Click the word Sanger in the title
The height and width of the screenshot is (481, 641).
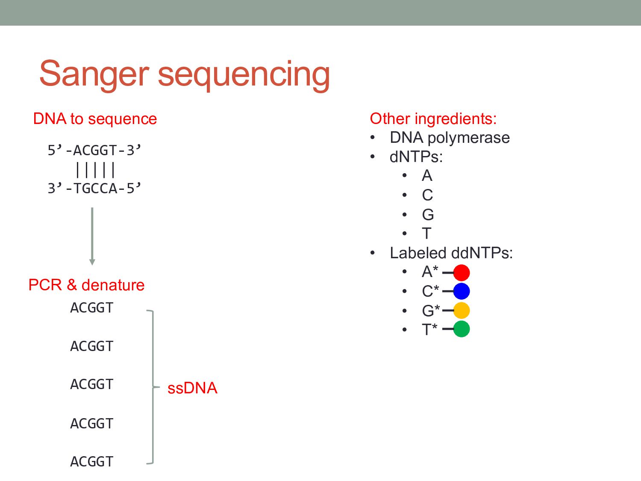(x=94, y=74)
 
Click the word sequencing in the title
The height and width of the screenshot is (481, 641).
(x=244, y=74)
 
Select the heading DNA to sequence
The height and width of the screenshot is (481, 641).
(x=95, y=118)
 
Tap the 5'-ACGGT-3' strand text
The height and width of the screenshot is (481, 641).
(x=94, y=150)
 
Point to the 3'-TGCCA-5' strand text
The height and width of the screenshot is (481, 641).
(x=94, y=188)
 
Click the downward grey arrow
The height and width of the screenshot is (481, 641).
(x=92, y=236)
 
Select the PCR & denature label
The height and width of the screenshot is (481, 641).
(x=86, y=285)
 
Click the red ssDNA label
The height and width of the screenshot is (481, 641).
(x=192, y=388)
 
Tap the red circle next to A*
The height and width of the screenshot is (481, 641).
(x=461, y=272)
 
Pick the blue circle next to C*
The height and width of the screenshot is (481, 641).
(x=461, y=291)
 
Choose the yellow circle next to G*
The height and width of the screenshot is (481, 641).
(x=461, y=310)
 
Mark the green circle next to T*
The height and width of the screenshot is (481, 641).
(x=461, y=329)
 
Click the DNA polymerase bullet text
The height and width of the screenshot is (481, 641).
(x=450, y=138)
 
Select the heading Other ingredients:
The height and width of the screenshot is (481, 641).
(x=433, y=118)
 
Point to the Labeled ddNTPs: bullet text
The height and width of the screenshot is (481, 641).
(x=451, y=253)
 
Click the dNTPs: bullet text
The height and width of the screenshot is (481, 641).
(x=416, y=157)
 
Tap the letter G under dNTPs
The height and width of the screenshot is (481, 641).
(x=428, y=214)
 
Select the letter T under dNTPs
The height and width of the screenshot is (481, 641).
(x=426, y=233)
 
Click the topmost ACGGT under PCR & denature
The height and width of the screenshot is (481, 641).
(x=92, y=308)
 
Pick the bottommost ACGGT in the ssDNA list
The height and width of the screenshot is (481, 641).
(x=92, y=462)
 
